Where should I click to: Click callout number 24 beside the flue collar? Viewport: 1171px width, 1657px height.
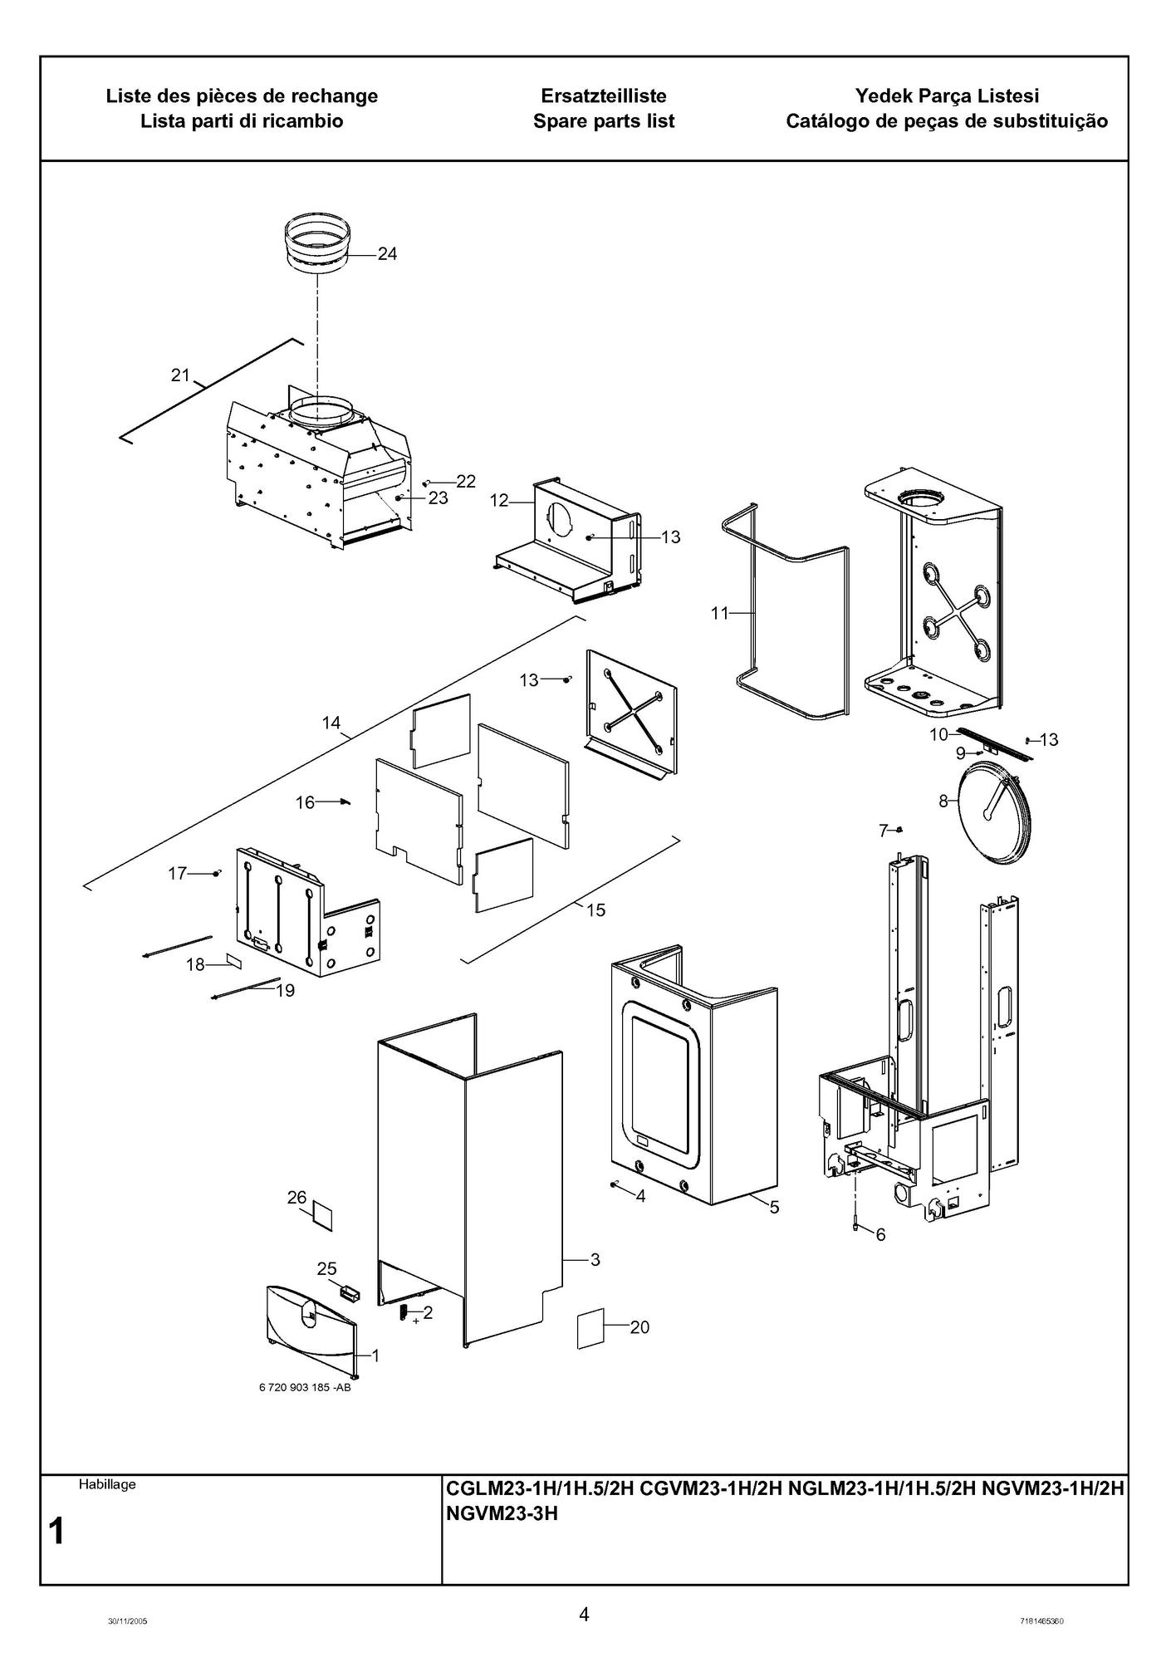387,254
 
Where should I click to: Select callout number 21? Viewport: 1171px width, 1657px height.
180,375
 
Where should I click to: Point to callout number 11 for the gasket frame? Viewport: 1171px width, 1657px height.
719,613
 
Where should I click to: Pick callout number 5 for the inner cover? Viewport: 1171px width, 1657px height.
774,1208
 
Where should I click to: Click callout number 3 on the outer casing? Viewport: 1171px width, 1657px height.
595,1259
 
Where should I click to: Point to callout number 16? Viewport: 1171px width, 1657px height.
306,802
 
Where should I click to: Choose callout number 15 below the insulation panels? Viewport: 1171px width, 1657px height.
595,910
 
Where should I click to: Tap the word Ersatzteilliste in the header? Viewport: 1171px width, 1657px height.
604,96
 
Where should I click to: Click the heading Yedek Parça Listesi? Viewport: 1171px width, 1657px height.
947,96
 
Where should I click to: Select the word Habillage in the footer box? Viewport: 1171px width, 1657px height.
107,1484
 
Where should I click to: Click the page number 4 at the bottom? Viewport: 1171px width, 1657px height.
585,1614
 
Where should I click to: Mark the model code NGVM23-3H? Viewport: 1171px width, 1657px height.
502,1514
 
